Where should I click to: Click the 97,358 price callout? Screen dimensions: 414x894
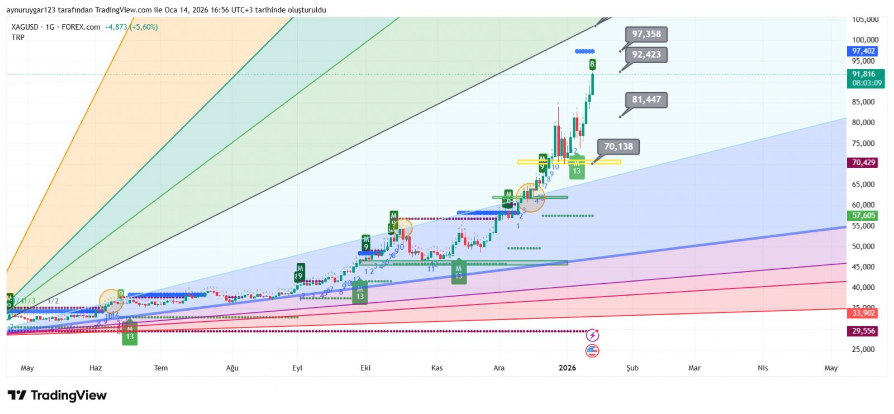tap(646, 34)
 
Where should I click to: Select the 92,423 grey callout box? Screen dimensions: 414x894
tap(646, 55)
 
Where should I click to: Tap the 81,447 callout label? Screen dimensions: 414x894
tap(646, 100)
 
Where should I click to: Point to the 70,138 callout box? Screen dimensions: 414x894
tap(618, 147)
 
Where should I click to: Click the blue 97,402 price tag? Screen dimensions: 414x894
tap(863, 51)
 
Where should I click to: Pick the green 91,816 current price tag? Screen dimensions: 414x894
tap(864, 74)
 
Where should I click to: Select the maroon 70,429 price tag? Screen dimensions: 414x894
tap(863, 163)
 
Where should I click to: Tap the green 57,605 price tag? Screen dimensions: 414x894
tap(863, 216)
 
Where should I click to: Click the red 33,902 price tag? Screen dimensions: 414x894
tap(863, 313)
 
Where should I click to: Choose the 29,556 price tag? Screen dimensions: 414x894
tap(863, 331)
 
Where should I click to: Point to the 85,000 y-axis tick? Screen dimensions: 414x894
tap(863, 102)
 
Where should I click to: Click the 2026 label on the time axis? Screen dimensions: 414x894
tap(567, 368)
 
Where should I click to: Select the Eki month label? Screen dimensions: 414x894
tap(365, 368)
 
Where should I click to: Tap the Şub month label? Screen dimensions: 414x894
tap(632, 368)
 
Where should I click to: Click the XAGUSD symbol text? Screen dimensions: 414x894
tap(25, 27)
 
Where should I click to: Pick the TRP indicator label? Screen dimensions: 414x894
tap(18, 37)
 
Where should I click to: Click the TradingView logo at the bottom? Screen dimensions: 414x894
tap(57, 396)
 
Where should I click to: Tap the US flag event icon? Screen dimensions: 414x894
tap(592, 351)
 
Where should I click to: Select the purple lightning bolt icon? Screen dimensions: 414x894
tap(592, 335)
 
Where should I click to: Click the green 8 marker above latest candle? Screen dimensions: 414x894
tap(592, 64)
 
